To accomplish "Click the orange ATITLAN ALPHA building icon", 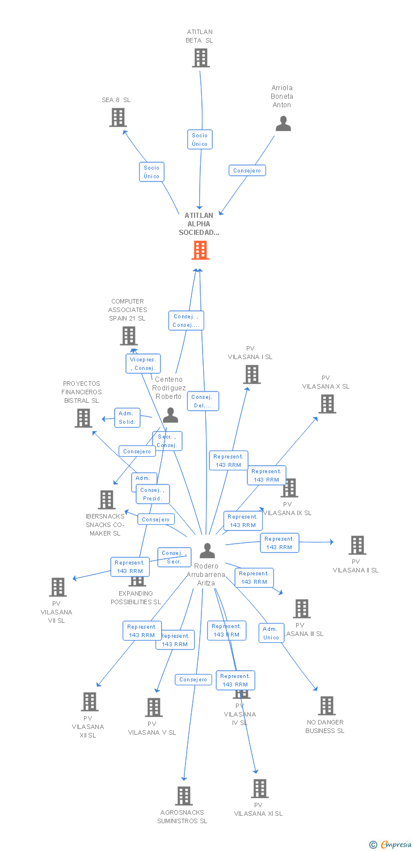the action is pos(200,250).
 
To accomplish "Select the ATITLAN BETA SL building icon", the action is pos(200,58).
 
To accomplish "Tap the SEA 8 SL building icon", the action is pos(117,117).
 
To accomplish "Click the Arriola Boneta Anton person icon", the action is pos(283,124).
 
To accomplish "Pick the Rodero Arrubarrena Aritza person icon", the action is pos(207,550).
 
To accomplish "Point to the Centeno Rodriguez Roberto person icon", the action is pos(170,415).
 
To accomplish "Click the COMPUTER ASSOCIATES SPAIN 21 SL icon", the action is pos(129,336).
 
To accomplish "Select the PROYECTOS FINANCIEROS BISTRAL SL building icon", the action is pos(83,418).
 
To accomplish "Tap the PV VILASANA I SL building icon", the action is pos(251,374).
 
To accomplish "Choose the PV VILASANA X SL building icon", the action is pos(327,404).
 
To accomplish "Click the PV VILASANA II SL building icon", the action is pos(357,545).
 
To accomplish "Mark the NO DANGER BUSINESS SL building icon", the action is pos(326,706).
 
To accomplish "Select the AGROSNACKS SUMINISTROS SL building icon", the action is pos(183,796).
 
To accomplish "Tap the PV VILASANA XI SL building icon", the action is pos(259,789).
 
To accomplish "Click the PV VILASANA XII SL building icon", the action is pos(89,702).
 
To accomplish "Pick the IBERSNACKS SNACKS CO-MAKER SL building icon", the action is pos(107,500).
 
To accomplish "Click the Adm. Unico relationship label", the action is pos(271,633).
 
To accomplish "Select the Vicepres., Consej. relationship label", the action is pos(143,364).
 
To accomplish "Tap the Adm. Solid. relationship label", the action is pos(127,418).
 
